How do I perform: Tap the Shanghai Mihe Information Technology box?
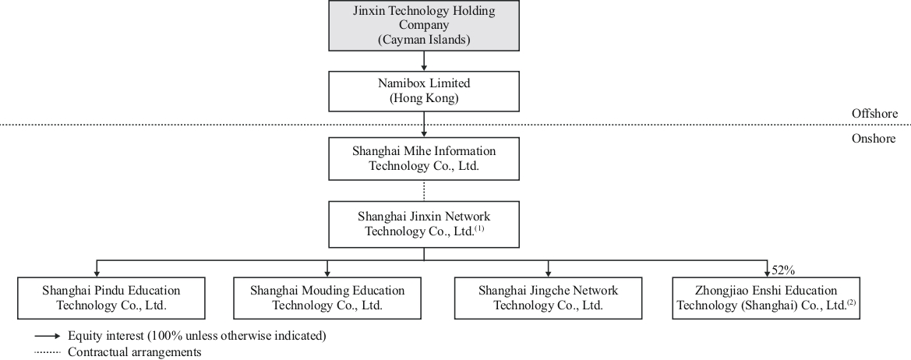pyautogui.click(x=423, y=158)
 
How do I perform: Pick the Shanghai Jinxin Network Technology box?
pyautogui.click(x=423, y=223)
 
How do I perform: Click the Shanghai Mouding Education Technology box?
pyautogui.click(x=327, y=298)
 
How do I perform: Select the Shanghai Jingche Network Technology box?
pyautogui.click(x=548, y=298)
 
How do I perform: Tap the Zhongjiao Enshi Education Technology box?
pyautogui.click(x=768, y=298)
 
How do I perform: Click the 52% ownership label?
pyautogui.click(x=782, y=270)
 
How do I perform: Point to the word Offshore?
pyautogui.click(x=875, y=114)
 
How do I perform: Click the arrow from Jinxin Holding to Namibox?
pyautogui.click(x=423, y=60)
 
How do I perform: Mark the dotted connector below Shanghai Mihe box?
pyautogui.click(x=423, y=190)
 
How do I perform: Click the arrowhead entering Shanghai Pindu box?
pyautogui.click(x=97, y=272)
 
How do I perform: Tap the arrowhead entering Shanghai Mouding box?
pyautogui.click(x=327, y=272)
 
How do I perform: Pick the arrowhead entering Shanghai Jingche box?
pyautogui.click(x=548, y=272)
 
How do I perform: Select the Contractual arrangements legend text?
pyautogui.click(x=135, y=352)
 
